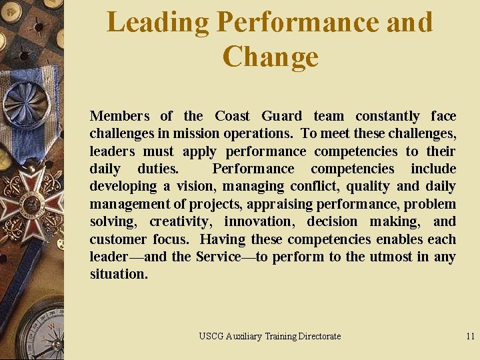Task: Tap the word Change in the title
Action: click(271, 57)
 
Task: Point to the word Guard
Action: click(281, 117)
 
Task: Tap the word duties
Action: click(157, 169)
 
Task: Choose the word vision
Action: click(195, 187)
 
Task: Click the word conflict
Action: click(313, 187)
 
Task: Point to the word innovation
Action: click(258, 221)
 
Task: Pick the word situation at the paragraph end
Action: click(119, 274)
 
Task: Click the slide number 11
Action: click(470, 337)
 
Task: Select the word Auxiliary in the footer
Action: click(243, 337)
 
